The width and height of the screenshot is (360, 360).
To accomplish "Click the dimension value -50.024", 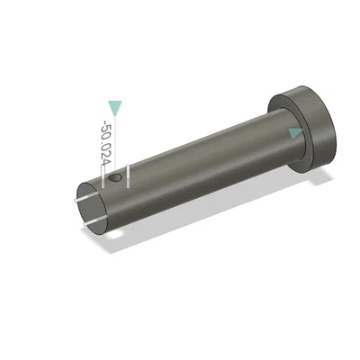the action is point(106,144).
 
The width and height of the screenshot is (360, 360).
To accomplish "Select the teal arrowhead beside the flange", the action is point(295,133).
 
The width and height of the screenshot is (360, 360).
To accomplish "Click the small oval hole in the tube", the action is point(114,177).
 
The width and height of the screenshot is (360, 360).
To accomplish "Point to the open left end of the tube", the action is point(93,208).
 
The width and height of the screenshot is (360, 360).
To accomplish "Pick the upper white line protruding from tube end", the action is point(89,198).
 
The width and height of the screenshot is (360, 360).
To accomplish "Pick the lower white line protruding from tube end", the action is point(95,222).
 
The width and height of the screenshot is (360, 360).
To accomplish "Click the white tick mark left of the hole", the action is point(103,177).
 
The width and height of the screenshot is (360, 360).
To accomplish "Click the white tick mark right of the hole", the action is point(128,176).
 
